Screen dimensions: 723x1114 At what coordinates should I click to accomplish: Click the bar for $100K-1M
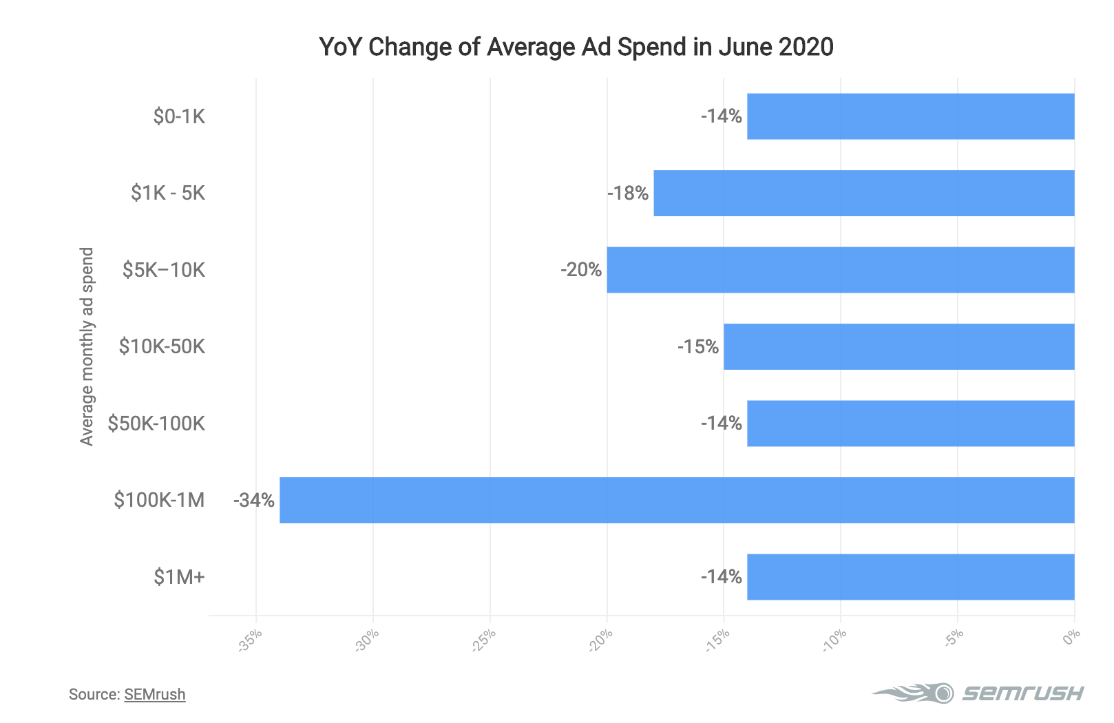[677, 500]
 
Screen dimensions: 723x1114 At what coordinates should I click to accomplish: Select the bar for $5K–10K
[840, 270]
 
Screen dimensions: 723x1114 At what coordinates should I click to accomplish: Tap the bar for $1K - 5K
[863, 193]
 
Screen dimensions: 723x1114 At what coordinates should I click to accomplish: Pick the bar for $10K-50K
[898, 346]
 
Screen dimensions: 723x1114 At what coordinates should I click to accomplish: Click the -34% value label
[254, 500]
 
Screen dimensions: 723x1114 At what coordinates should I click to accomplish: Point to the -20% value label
[581, 270]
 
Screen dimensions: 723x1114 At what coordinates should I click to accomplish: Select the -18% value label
[628, 193]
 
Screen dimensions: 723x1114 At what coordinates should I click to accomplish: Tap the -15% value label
[698, 346]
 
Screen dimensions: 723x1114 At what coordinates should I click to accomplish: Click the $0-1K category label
[179, 116]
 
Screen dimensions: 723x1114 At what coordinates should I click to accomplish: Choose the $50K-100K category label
[156, 423]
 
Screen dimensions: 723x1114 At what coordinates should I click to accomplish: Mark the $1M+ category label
[179, 577]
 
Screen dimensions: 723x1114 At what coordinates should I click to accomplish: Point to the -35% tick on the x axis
[250, 640]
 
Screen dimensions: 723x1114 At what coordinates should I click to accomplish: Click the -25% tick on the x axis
[484, 640]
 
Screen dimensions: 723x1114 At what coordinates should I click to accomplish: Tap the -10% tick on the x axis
[834, 640]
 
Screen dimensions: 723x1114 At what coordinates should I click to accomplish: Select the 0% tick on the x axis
[1071, 638]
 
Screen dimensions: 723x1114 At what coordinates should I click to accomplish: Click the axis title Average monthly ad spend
[87, 346]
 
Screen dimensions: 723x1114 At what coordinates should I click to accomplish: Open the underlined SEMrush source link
[155, 694]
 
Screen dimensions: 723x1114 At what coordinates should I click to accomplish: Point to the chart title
[576, 47]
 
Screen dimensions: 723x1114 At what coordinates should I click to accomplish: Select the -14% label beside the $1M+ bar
[722, 577]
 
